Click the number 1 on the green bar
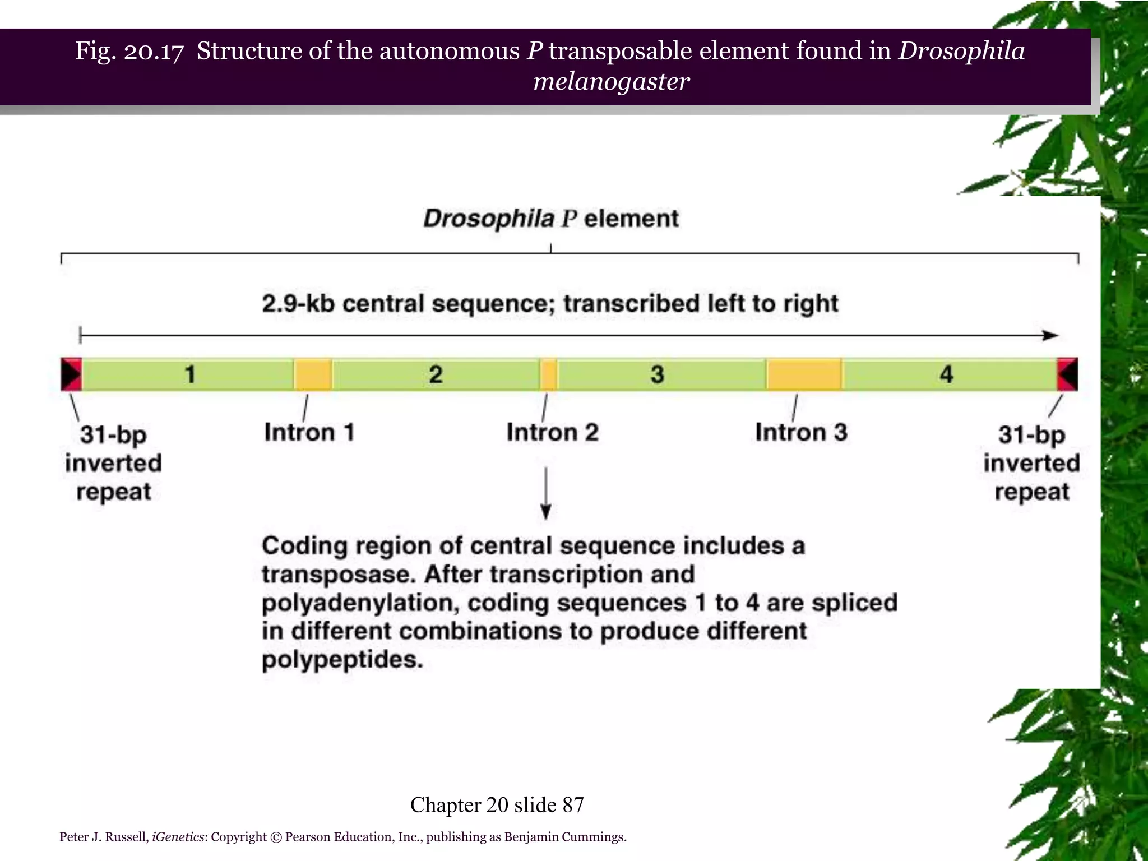coord(191,374)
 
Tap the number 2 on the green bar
coord(436,374)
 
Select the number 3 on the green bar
coord(657,374)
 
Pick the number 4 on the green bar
coord(946,374)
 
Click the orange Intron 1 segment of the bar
coord(313,374)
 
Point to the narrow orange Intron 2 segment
coord(549,374)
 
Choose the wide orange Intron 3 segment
coord(804,374)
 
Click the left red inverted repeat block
coord(72,374)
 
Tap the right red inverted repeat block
coord(1067,374)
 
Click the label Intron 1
coord(309,432)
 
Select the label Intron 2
coord(552,432)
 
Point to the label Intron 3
coord(801,432)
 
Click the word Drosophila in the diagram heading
coord(488,219)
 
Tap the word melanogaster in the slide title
coord(611,82)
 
